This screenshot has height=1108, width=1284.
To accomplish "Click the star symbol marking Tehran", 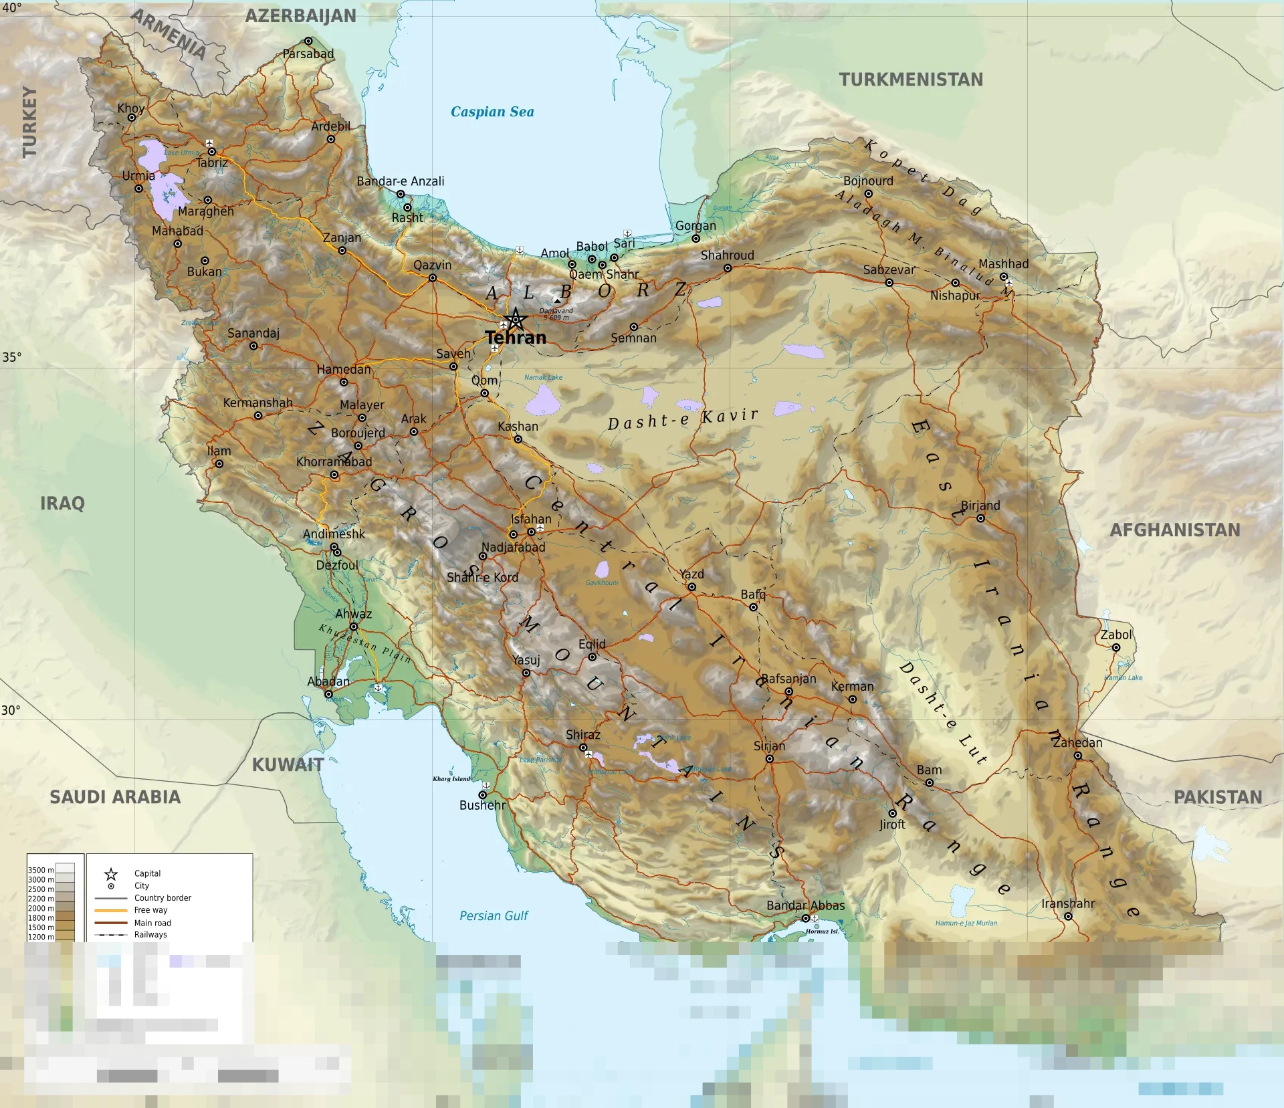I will coord(516,320).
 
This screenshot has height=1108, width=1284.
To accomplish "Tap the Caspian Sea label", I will coord(492,112).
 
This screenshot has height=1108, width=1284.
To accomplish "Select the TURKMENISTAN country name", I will coord(911,80).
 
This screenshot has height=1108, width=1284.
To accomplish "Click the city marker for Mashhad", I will coord(1004,276).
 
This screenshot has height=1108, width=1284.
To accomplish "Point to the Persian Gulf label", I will coord(494,915).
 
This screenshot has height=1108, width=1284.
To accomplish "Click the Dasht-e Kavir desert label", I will coord(683,419).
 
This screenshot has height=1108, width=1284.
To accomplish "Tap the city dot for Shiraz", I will coord(583,747).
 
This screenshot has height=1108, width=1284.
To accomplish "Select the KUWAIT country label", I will coord(288,765).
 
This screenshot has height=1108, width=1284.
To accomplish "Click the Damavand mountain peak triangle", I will coord(557,301).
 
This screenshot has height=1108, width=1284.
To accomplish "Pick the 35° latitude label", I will coord(11,357).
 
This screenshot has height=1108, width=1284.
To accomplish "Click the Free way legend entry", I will coord(150,910).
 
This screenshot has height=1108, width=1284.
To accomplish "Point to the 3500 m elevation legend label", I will coord(41,870).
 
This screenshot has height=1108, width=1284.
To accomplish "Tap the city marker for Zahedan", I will coord(1077,756).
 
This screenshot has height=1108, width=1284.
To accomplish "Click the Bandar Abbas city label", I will coord(805,905).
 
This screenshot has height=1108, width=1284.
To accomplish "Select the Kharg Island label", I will coord(451,778).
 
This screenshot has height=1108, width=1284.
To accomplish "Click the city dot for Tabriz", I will coord(212,152).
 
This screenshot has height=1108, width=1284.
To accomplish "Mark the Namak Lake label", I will coord(543,377).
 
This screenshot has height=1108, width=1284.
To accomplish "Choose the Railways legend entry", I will coord(150,935).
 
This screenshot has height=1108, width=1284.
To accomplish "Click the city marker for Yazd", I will coord(691,587).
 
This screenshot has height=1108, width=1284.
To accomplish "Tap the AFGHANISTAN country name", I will coord(1175,530).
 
